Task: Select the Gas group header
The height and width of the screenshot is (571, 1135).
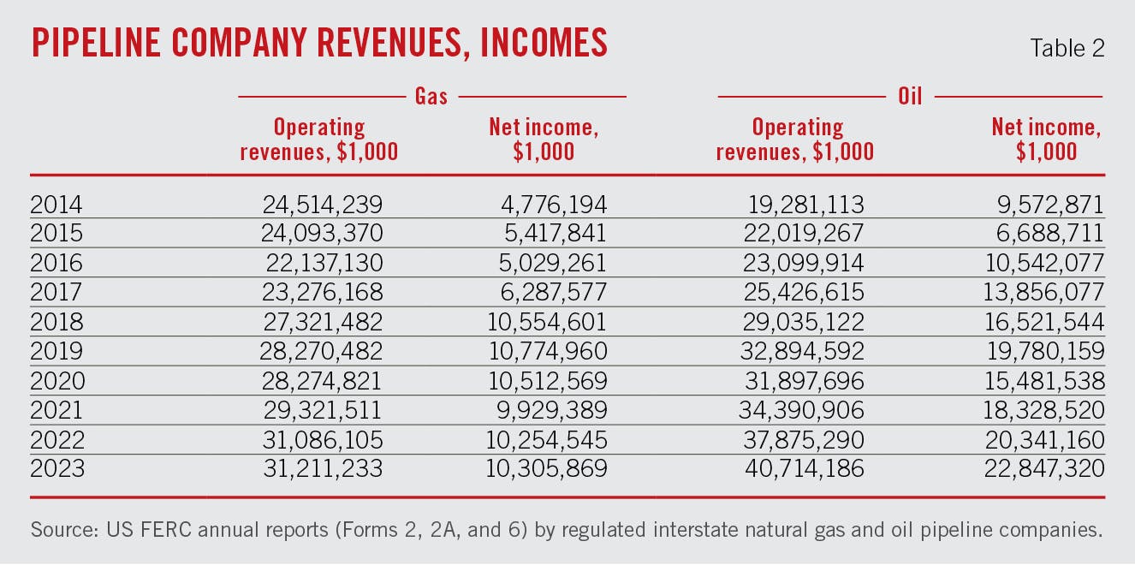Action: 431,96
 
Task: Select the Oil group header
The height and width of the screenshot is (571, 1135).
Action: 910,96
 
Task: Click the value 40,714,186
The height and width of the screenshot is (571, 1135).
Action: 799,469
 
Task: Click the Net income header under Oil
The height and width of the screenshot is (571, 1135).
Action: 1046,139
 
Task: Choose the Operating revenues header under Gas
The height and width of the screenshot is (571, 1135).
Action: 318,139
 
